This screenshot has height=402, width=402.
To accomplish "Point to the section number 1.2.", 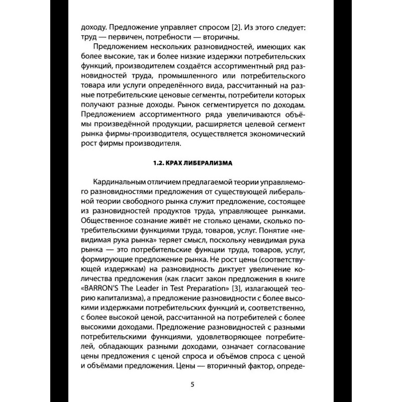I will click(158, 163).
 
